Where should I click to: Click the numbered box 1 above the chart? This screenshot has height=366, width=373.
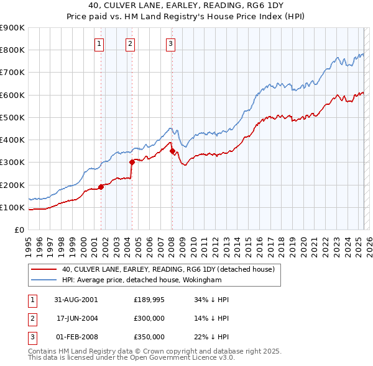(100, 43)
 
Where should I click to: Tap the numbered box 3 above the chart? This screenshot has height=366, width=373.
(170, 43)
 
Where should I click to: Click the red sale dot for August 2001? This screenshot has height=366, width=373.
(101, 187)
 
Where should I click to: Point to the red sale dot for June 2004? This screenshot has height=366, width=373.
(132, 162)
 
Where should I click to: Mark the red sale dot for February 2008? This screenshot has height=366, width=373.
(172, 151)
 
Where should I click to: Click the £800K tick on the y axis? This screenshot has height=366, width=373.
(12, 50)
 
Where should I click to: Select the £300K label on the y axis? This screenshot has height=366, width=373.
(12, 162)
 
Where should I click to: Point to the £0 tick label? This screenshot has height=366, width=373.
(19, 230)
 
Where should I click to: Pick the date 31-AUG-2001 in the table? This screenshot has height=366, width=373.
(76, 299)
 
